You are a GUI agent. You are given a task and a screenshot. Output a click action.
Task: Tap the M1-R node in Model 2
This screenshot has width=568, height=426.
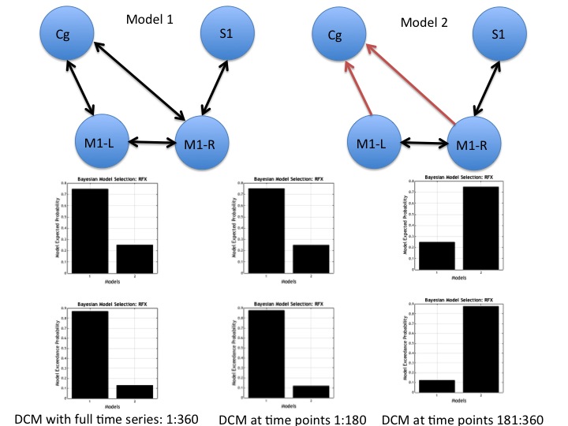(x=473, y=145)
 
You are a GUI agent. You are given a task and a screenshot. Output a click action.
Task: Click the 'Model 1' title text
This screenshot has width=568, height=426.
(x=150, y=19)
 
